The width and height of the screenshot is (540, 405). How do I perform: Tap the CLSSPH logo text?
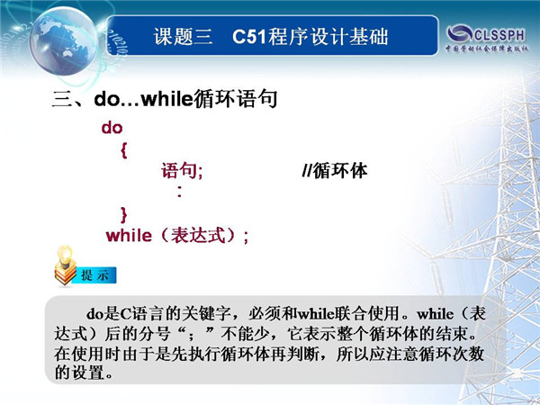point(499,34)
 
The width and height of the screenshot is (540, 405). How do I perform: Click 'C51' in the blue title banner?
point(249,37)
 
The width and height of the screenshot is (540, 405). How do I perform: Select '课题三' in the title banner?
point(183,37)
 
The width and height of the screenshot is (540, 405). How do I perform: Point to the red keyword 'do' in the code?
point(112,128)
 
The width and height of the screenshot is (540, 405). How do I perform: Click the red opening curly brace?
point(124,150)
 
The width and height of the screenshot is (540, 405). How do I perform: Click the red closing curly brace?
point(124,215)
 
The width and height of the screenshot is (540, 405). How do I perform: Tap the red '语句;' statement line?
point(182,171)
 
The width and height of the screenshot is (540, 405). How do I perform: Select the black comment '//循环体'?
point(335,171)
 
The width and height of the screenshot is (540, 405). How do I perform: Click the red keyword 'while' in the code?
point(129,236)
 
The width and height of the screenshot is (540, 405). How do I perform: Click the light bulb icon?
point(65,265)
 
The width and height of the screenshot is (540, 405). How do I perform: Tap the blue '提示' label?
point(94,275)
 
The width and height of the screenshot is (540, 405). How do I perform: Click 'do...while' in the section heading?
point(143,100)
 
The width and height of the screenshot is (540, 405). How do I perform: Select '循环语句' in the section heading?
point(235,100)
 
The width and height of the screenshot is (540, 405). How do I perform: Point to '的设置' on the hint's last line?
point(79,373)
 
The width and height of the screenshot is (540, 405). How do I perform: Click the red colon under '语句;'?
point(179,192)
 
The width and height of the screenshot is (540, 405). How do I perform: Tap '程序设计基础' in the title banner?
point(328,37)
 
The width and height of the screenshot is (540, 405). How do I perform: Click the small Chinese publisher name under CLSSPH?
point(487,49)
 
